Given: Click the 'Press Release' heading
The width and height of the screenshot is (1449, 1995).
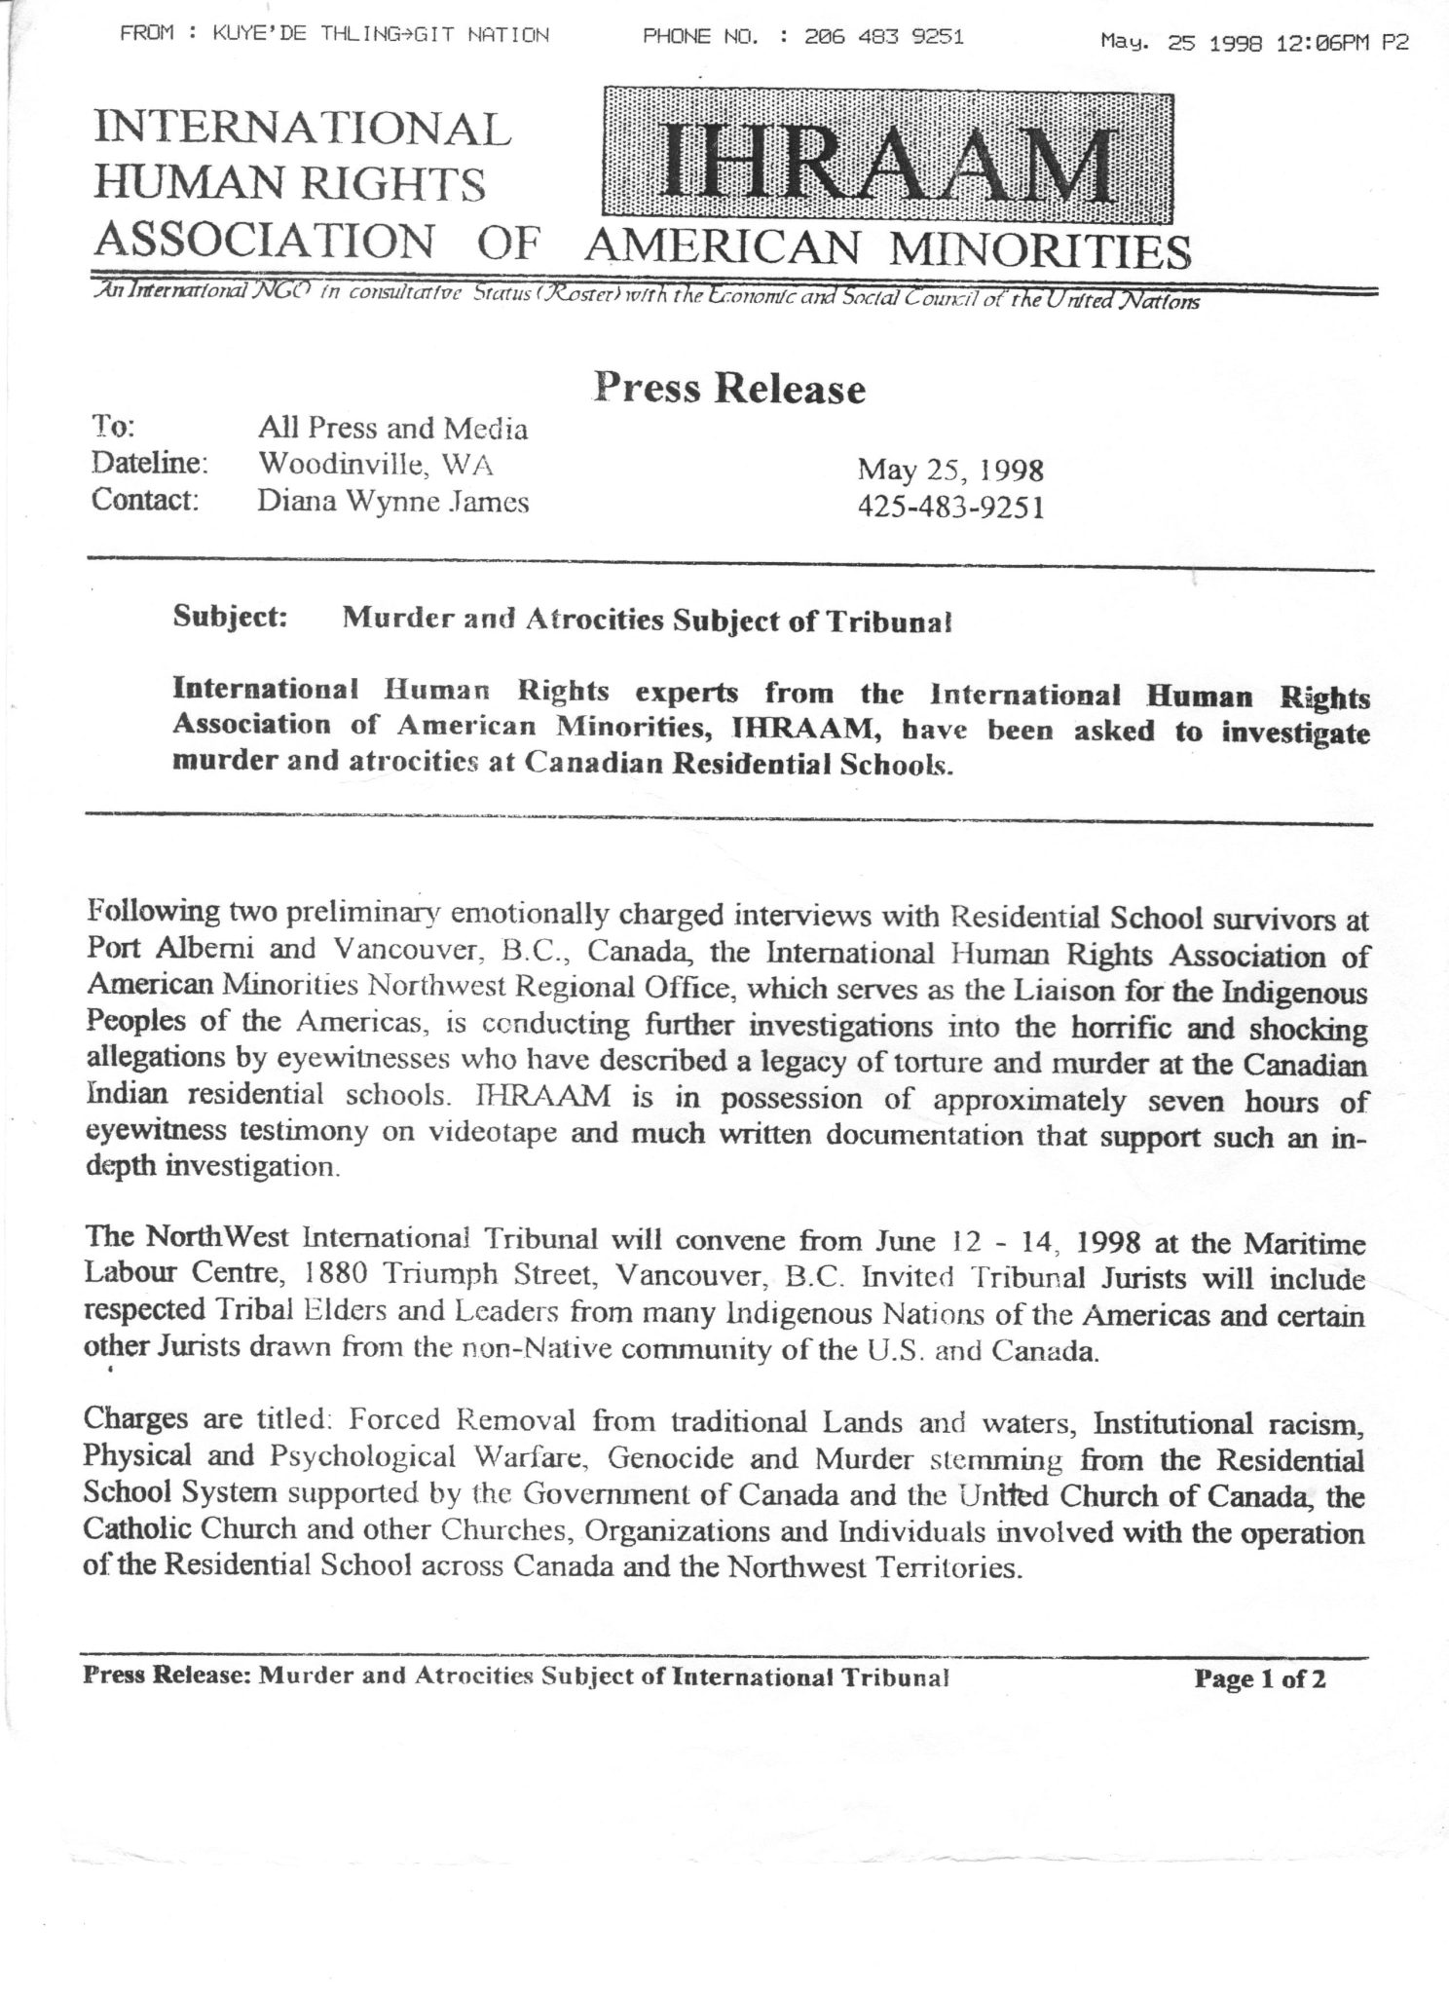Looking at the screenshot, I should [729, 388].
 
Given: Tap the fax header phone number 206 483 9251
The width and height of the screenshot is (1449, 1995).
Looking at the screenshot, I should [884, 38].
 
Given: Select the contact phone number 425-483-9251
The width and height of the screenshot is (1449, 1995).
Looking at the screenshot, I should [950, 508].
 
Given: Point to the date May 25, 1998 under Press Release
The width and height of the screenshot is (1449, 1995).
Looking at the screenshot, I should [949, 471].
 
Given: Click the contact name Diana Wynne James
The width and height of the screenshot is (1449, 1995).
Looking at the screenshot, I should [392, 502].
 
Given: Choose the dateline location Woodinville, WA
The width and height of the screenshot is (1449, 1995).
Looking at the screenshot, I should [375, 465].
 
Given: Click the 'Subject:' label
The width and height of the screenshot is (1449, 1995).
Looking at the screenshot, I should [230, 619].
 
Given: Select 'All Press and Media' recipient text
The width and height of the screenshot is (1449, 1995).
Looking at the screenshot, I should [392, 428].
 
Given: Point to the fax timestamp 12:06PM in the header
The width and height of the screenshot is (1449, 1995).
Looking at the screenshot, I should [1322, 43].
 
